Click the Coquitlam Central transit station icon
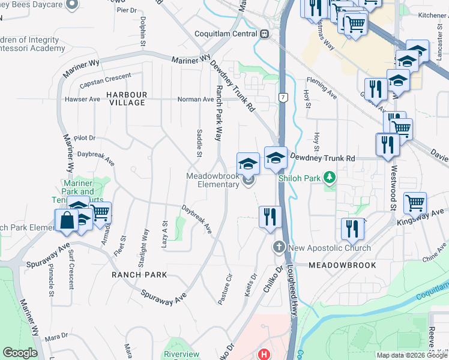[264, 34]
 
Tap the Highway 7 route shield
[282, 97]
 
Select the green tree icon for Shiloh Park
[329, 177]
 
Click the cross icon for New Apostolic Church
[279, 247]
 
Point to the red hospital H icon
[263, 355]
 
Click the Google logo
[20, 353]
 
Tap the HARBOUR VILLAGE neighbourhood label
[127, 99]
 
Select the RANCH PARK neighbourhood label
[139, 275]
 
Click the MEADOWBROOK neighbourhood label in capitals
[342, 265]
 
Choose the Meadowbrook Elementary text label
[212, 180]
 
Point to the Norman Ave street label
[195, 100]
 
